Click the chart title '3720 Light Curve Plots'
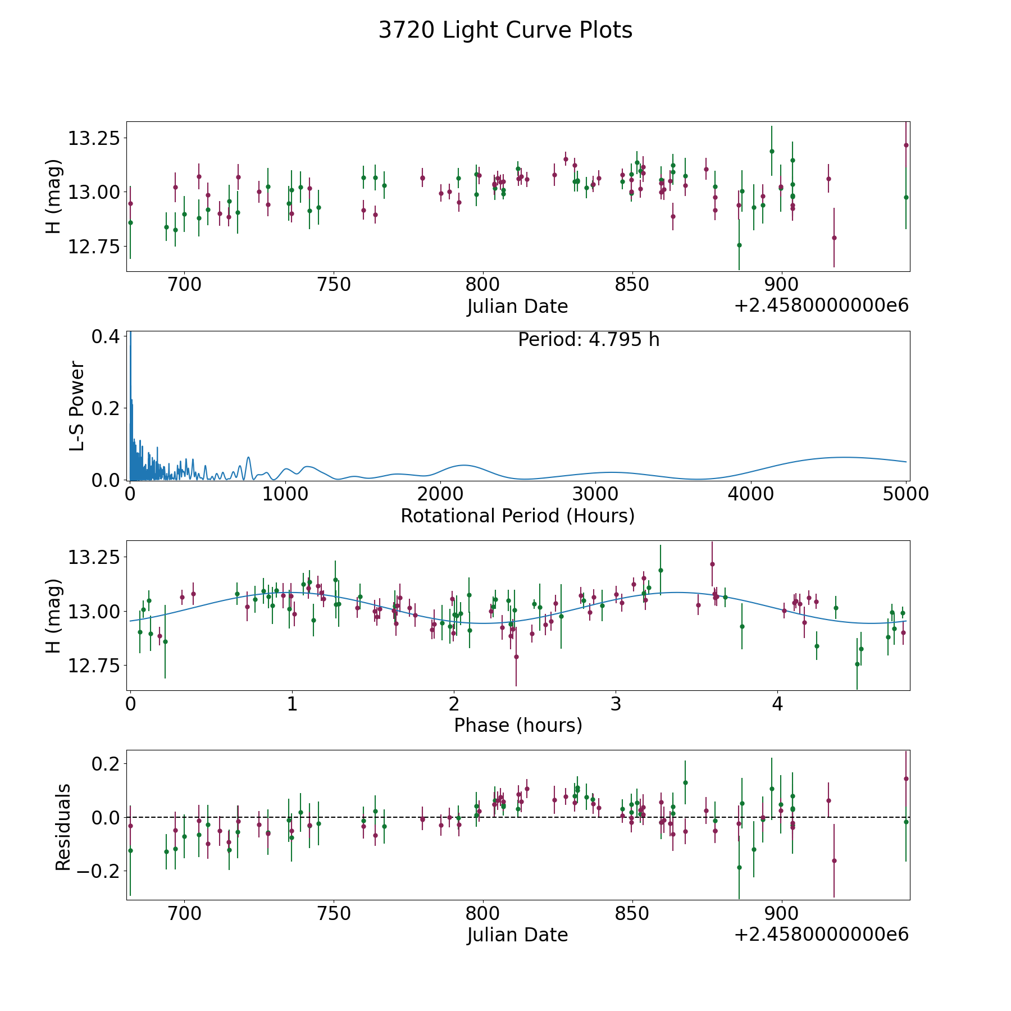505,30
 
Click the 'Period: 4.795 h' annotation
589,340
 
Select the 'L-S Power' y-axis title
78,406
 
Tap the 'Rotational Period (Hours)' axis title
517,516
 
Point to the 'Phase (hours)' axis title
518,725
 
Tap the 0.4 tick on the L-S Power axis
105,336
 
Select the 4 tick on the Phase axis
777,704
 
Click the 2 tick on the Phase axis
454,704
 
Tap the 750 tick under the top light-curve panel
334,285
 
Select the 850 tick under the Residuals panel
632,913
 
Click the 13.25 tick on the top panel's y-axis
94,138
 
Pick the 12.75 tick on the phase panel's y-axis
94,666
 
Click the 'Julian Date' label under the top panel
517,307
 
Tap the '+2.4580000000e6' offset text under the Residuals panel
821,935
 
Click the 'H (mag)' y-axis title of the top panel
53,196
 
